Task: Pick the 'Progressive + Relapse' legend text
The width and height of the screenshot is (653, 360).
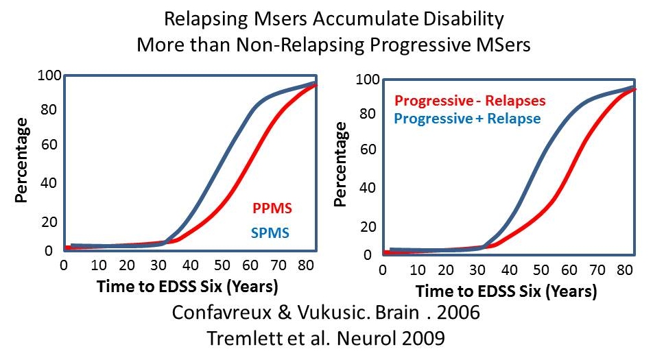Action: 468,119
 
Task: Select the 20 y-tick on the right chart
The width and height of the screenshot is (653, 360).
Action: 370,227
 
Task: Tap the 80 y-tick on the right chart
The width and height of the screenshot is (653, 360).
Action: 370,114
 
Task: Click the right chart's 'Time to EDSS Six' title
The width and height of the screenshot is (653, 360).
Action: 507,291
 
